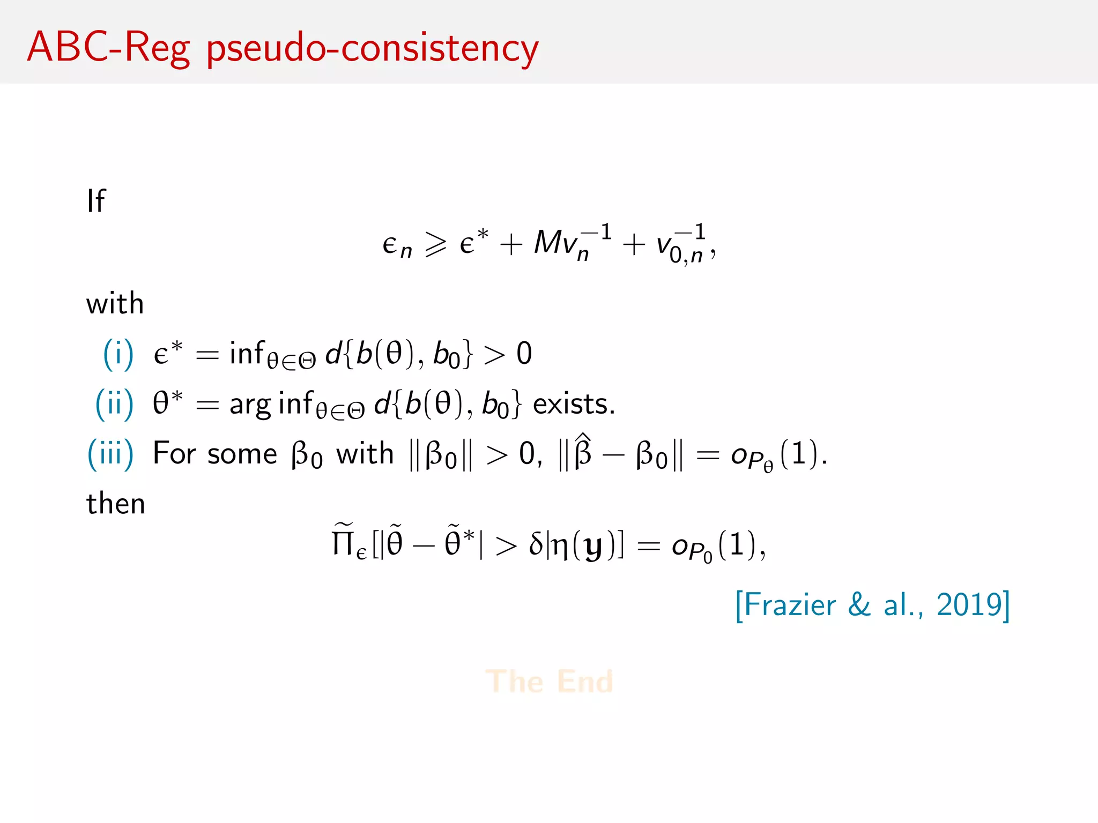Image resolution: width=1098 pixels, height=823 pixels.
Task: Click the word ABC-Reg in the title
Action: pyautogui.click(x=108, y=48)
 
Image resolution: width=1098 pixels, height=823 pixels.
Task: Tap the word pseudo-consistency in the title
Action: pyautogui.click(x=372, y=49)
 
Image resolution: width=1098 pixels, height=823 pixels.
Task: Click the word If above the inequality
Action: pyautogui.click(x=96, y=201)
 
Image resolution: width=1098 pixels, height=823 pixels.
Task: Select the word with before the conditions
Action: pyautogui.click(x=115, y=303)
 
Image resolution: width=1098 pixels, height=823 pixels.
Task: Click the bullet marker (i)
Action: pyautogui.click(x=118, y=354)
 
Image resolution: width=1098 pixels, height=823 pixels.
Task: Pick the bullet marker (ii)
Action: pyautogui.click(x=114, y=403)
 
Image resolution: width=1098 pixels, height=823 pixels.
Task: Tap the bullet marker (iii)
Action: pyautogui.click(x=110, y=454)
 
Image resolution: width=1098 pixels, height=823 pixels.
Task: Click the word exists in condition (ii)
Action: pyautogui.click(x=573, y=404)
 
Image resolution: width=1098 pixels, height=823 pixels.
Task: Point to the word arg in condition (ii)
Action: pyautogui.click(x=250, y=405)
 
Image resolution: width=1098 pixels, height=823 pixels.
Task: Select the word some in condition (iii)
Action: pyautogui.click(x=242, y=454)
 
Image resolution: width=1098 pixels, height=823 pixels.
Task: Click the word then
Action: pyautogui.click(x=116, y=504)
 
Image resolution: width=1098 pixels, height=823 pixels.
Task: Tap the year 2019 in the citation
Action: pyautogui.click(x=969, y=605)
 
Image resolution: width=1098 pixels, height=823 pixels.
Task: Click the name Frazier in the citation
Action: pyautogui.click(x=790, y=605)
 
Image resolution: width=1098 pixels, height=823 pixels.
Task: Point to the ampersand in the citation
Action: pyautogui.click(x=859, y=605)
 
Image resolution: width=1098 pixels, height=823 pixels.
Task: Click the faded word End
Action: pyautogui.click(x=585, y=682)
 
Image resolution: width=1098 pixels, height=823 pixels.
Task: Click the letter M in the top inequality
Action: pyautogui.click(x=548, y=242)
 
